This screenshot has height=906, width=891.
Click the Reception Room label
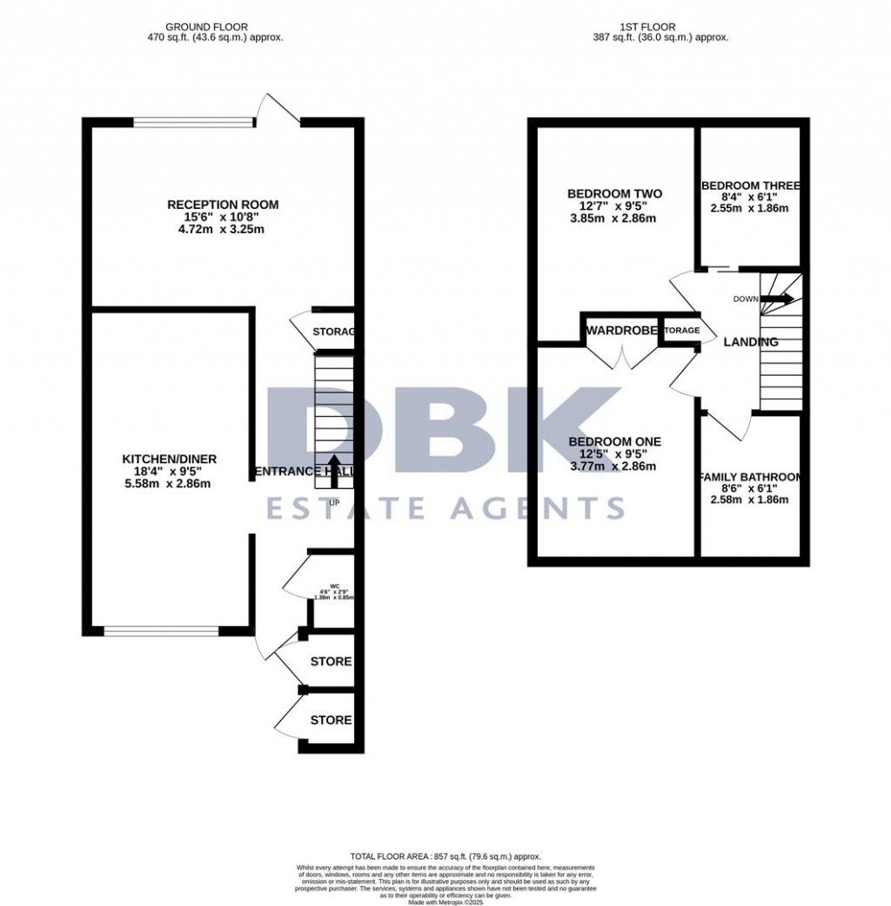tap(223, 205)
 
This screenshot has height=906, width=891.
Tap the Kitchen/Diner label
tap(169, 459)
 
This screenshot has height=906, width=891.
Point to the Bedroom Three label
tap(750, 185)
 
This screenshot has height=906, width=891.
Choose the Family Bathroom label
tap(750, 477)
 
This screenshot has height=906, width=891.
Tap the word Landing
tap(751, 342)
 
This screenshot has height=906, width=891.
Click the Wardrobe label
tap(620, 331)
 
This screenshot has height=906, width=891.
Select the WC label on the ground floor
tap(334, 585)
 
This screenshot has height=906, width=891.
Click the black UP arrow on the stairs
tap(334, 466)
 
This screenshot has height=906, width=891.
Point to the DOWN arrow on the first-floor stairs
tap(779, 299)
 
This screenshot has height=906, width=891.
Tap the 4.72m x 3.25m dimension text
tap(223, 230)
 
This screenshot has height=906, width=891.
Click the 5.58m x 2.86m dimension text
tap(169, 484)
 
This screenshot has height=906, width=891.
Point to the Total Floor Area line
tap(445, 857)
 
